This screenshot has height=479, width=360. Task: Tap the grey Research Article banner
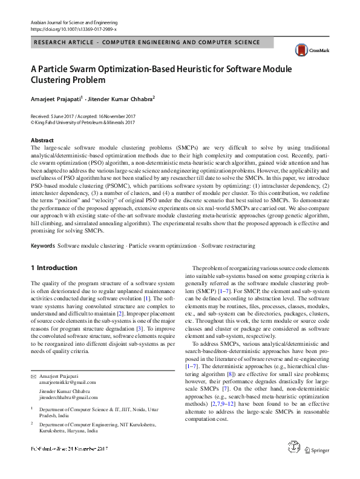pyautogui.click(x=180, y=42)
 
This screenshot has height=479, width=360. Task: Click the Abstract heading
pyautogui.click(x=42, y=140)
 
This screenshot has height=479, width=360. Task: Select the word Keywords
pyautogui.click(x=42, y=246)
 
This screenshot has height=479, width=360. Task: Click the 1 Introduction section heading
pyautogui.click(x=54, y=268)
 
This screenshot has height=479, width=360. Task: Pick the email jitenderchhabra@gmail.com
pyautogui.click(x=68, y=380)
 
